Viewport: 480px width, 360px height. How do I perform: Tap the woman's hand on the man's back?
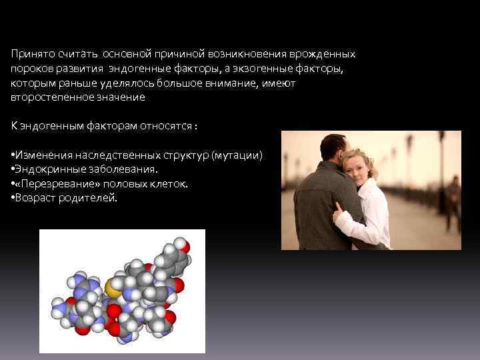341,219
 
